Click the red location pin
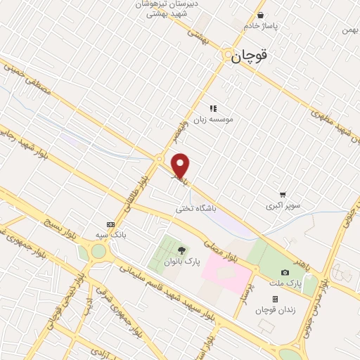(181, 165)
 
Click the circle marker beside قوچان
(227, 57)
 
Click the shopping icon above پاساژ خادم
(262, 14)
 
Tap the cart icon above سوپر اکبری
(283, 194)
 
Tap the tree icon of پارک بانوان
(182, 250)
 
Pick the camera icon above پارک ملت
(285, 272)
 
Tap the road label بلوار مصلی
(232, 250)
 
